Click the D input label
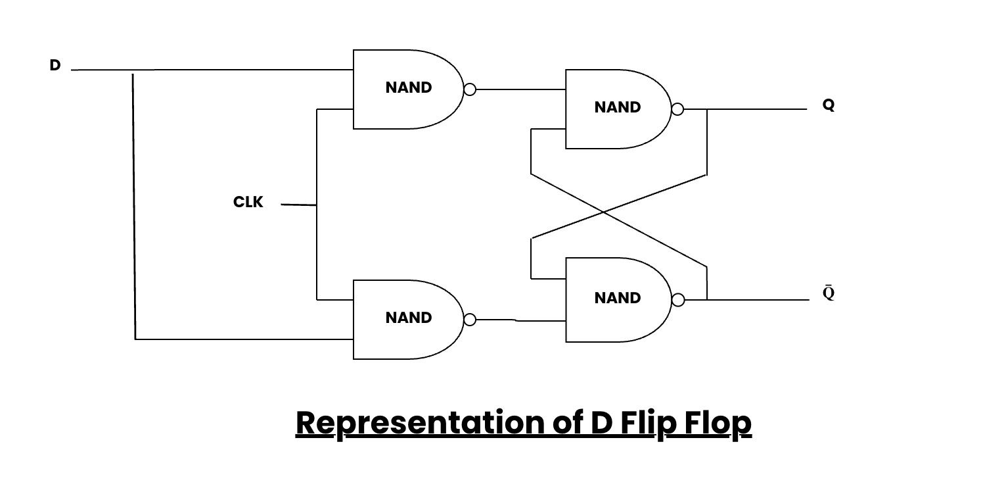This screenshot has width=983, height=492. [x=55, y=65]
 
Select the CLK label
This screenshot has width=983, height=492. [x=248, y=202]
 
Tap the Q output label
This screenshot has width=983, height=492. [x=829, y=105]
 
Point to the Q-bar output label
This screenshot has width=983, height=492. [x=829, y=293]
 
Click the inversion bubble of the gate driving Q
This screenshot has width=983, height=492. [x=677, y=109]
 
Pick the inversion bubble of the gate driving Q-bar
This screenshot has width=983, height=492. [x=678, y=300]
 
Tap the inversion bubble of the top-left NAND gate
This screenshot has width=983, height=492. [x=470, y=89]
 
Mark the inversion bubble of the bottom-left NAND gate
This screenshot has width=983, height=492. [x=470, y=320]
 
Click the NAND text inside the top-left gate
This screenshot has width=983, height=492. [x=409, y=87]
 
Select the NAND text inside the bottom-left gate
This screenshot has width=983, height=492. [x=409, y=318]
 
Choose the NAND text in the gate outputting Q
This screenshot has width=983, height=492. [x=618, y=107]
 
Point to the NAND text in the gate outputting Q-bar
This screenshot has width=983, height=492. [x=618, y=298]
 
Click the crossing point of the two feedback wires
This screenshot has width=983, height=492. [x=603, y=211]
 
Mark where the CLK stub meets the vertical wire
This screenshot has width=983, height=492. [x=317, y=205]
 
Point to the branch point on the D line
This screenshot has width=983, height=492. [x=133, y=70]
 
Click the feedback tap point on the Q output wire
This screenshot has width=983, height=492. [x=707, y=109]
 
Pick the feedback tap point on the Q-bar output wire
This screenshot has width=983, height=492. [x=707, y=300]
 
